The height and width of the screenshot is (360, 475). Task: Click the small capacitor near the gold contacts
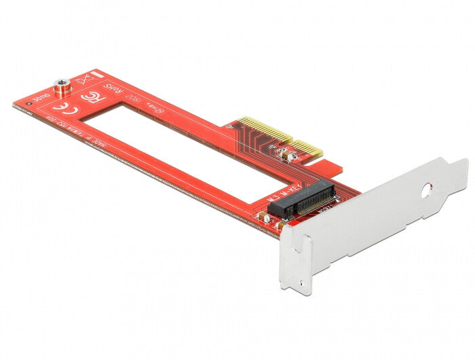tap(289, 157)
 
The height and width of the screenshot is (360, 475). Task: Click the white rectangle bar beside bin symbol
tap(98, 72)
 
